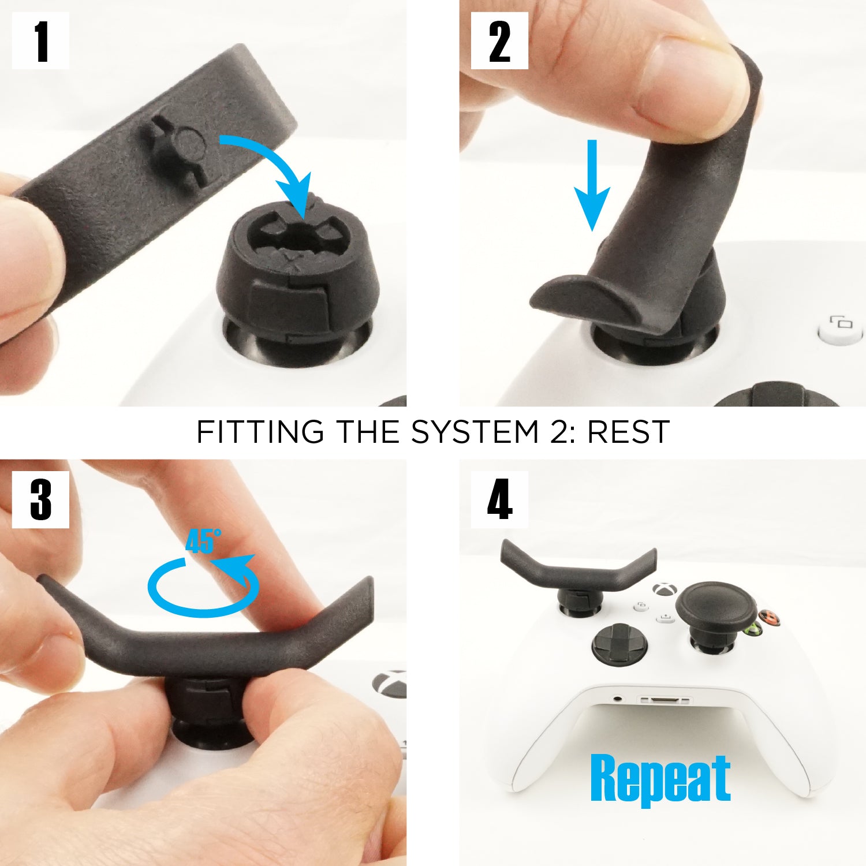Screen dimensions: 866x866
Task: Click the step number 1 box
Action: coord(40,41)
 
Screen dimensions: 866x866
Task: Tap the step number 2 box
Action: coord(499,41)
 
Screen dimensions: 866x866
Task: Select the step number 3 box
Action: coord(40,499)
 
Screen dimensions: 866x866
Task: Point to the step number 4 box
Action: coord(499,499)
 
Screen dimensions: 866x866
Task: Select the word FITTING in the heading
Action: coord(260,432)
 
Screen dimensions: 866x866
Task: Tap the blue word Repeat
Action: coord(660,779)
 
